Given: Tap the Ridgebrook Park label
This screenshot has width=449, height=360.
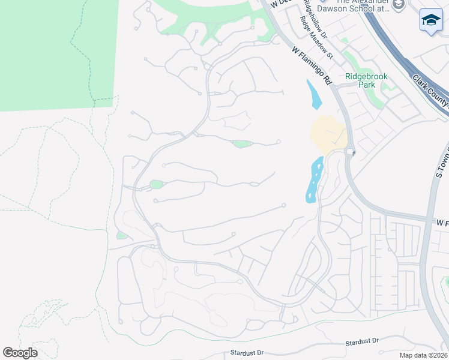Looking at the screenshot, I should (x=366, y=80).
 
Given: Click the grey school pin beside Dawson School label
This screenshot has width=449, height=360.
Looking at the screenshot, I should (x=399, y=5).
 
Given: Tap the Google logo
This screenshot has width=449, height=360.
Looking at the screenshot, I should (x=20, y=353).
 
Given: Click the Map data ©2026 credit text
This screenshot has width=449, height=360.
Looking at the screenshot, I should (x=423, y=355).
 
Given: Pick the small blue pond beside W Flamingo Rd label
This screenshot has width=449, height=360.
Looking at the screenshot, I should (x=313, y=95).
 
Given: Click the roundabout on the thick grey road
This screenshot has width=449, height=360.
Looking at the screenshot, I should (x=349, y=151).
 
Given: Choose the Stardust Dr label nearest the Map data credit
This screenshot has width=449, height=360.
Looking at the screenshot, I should (x=362, y=341).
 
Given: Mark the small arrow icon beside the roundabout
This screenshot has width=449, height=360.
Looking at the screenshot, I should (x=354, y=152).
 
